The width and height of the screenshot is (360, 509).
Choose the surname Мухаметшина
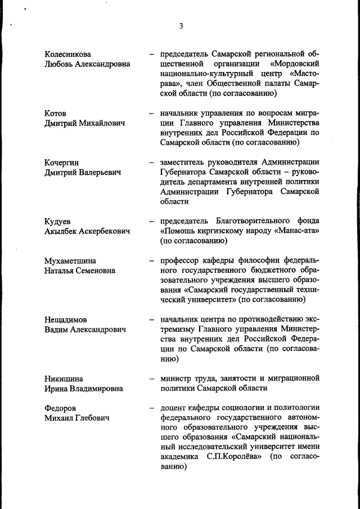70,261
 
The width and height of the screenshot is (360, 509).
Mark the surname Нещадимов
66,319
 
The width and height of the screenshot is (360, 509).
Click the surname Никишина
64,379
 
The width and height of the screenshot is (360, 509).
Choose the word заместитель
185,163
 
